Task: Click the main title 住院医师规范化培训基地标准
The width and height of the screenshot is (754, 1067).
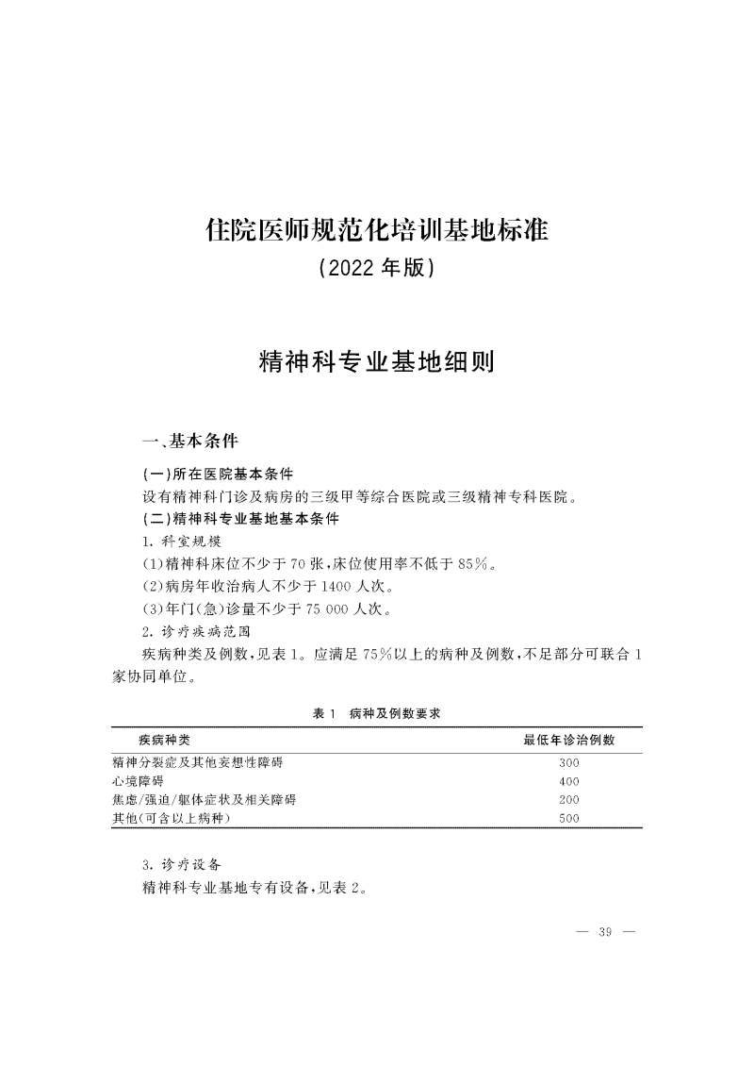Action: click(x=376, y=229)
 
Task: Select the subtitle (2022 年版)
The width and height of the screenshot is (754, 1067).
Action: click(x=376, y=270)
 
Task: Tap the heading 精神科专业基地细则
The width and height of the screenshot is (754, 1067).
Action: click(x=376, y=362)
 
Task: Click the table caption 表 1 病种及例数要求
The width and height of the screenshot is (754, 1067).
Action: click(x=377, y=715)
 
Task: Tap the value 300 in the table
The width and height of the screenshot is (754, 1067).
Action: click(x=568, y=762)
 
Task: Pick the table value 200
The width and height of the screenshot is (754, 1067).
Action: click(x=568, y=800)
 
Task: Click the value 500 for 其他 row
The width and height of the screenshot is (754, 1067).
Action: click(x=568, y=819)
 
